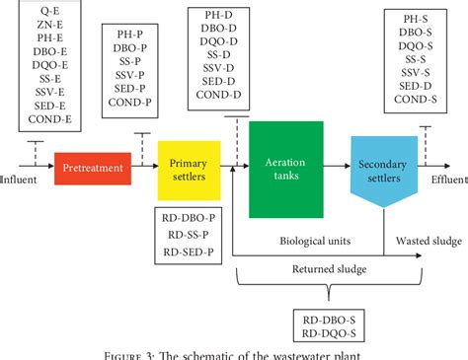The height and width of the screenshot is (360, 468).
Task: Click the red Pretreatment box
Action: (x=94, y=168)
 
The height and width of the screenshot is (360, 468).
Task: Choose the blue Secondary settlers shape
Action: (x=379, y=166)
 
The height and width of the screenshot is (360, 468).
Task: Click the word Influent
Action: (x=17, y=180)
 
